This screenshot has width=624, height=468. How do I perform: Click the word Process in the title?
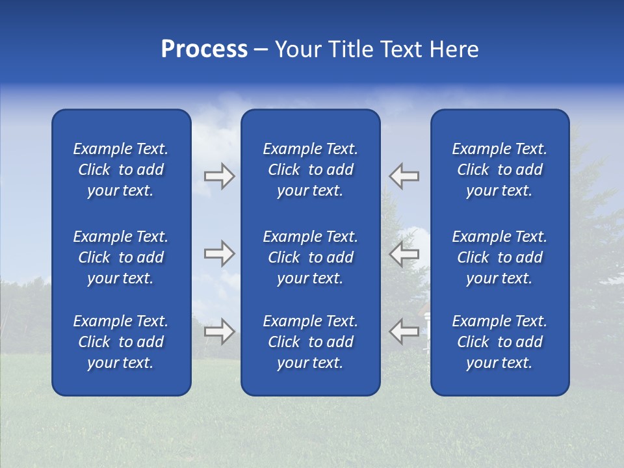pos(204,49)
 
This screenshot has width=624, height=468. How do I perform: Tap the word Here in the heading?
pos(453,49)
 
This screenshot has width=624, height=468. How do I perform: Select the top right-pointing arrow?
pos(219,176)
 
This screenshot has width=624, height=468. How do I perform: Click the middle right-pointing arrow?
pos(219,253)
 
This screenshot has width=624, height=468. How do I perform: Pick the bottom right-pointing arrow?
pos(219,331)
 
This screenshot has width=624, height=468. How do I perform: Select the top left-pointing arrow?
pos(404,176)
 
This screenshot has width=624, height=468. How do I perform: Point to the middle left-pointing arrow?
pos(404,253)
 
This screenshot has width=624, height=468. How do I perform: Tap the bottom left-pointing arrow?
pos(404,331)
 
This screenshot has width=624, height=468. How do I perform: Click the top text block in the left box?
pos(121,170)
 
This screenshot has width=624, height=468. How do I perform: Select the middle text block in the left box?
pos(121,257)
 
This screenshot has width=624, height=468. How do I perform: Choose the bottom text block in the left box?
pos(121,342)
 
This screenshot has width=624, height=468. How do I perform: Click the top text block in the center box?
pos(310,170)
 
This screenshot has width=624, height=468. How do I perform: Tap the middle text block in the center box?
pos(310,257)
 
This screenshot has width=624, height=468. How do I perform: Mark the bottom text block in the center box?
pos(310,342)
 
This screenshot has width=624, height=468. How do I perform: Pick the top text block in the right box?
pos(499,170)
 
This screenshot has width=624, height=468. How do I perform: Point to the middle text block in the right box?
pos(499,257)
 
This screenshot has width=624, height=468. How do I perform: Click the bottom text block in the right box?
pos(499,342)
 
